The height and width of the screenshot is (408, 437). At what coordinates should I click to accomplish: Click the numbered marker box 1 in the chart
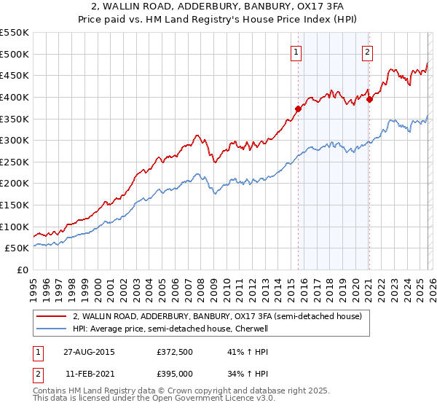(x=297, y=52)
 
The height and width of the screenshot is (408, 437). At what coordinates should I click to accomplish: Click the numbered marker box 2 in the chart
(x=368, y=52)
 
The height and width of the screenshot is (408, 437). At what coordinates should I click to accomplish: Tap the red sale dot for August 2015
(x=298, y=109)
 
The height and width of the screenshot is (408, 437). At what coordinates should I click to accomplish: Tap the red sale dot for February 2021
(x=369, y=99)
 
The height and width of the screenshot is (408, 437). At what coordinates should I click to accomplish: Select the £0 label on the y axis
(x=22, y=270)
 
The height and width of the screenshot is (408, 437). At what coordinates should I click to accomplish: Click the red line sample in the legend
(x=52, y=316)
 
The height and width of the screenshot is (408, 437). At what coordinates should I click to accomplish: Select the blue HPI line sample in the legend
(x=52, y=329)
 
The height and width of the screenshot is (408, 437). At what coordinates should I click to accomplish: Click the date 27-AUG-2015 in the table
(x=88, y=351)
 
